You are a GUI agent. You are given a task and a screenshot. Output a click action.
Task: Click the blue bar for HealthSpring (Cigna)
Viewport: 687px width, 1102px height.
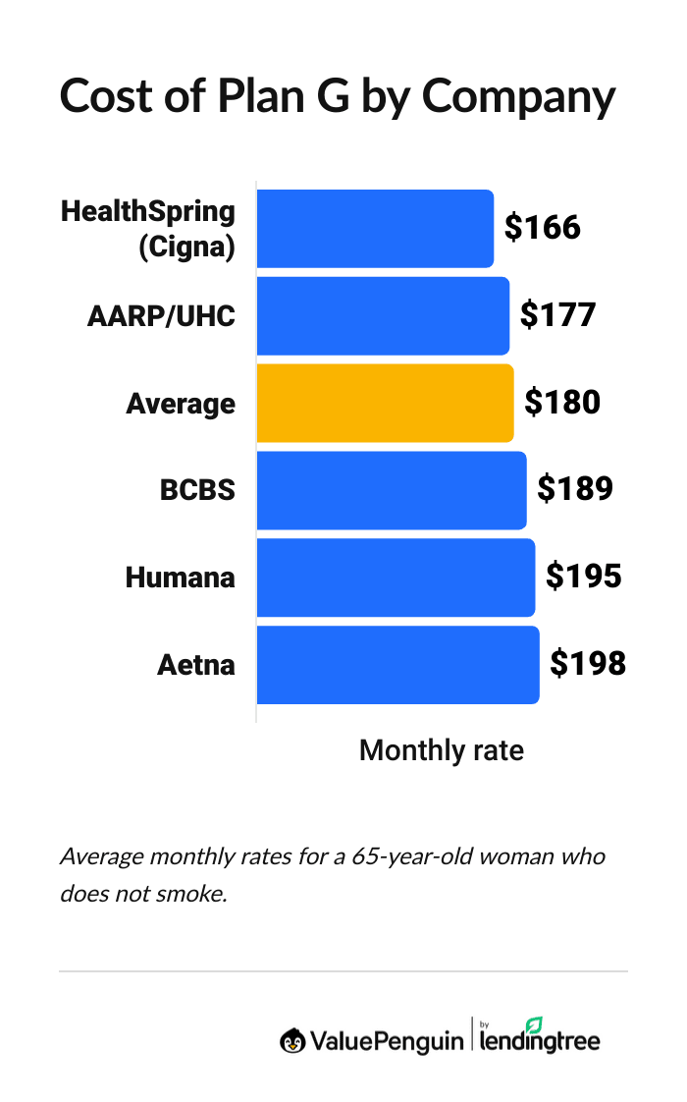(375, 228)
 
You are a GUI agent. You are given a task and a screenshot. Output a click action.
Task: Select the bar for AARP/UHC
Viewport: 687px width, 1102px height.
(383, 315)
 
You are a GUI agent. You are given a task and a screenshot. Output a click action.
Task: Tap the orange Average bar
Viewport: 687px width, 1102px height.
(385, 403)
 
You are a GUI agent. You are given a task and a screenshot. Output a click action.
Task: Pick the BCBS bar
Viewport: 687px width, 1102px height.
(392, 490)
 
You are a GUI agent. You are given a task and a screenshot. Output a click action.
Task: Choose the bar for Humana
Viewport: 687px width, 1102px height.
(396, 578)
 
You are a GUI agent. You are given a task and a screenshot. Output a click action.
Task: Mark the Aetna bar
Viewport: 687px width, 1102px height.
(397, 665)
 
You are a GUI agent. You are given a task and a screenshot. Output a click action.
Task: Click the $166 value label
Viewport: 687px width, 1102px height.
(543, 228)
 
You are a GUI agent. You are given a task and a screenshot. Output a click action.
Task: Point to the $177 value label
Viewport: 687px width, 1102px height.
(557, 315)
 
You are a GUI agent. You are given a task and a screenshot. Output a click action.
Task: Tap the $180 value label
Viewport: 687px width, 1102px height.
(562, 403)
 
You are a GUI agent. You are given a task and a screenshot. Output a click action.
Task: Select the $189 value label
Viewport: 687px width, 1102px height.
(575, 490)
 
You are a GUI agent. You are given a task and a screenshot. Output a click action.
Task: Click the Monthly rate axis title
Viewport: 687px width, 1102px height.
(442, 750)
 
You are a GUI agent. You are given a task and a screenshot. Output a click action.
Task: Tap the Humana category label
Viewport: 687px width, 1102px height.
(181, 578)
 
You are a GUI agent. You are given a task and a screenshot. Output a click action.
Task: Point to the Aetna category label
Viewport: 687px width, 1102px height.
(196, 665)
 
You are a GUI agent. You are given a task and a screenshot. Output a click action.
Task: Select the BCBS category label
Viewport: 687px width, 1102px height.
(197, 490)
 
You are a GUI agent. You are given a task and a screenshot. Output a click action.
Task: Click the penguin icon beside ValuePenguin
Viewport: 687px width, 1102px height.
(291, 1040)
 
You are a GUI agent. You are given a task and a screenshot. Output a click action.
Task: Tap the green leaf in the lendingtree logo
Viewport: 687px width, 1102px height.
(535, 1024)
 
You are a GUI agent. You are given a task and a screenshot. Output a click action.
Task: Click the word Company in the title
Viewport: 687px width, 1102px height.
(519, 97)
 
